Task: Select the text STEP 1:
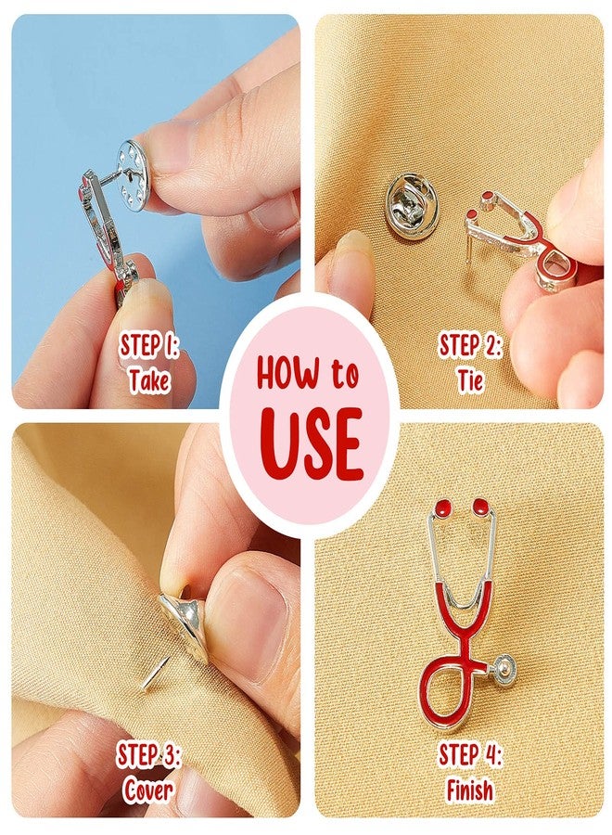[x=149, y=346]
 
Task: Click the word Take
[x=149, y=379]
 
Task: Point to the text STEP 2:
[x=470, y=346]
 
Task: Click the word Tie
[x=470, y=379]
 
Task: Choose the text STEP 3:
[x=148, y=756]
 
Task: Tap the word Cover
[x=148, y=790]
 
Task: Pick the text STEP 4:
[x=470, y=756]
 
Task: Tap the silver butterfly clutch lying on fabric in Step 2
[x=412, y=206]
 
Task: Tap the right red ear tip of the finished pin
[x=481, y=506]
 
